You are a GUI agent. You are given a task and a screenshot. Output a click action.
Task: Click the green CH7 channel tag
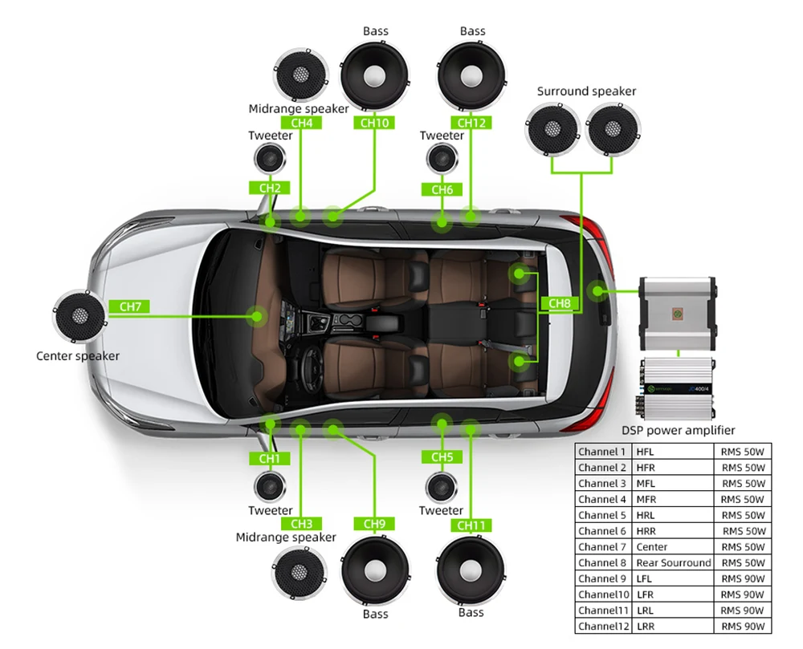(129, 306)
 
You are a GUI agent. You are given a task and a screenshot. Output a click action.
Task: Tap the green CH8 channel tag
(560, 303)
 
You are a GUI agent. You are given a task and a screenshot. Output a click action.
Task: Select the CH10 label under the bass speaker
(374, 123)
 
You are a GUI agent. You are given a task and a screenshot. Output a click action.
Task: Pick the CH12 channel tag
(471, 123)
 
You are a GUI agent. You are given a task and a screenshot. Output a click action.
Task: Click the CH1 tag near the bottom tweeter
(269, 458)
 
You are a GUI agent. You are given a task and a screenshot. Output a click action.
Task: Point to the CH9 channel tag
(374, 524)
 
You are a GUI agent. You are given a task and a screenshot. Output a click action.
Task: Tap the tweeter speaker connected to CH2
(270, 158)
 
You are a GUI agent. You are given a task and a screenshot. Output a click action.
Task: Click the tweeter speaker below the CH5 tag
(441, 487)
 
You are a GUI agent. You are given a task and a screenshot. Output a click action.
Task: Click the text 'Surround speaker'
(586, 91)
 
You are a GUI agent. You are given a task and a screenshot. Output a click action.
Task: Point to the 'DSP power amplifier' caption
(679, 430)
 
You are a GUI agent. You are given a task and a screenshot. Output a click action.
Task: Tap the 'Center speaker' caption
(78, 355)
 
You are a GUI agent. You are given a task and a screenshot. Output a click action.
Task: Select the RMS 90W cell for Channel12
(743, 626)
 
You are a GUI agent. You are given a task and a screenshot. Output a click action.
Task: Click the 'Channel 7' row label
(602, 546)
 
